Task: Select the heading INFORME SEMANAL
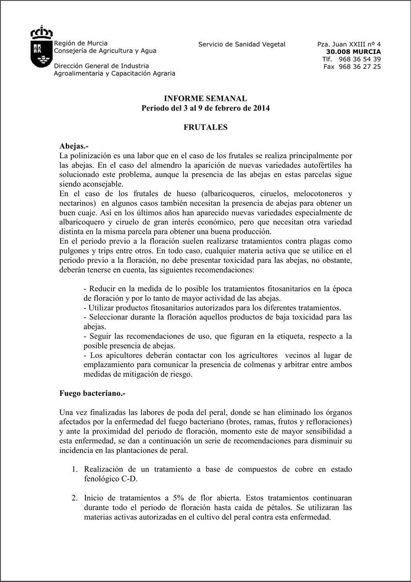(205, 98)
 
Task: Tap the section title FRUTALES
(205, 127)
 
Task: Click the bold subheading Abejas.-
(74, 145)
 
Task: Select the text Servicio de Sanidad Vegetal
(242, 44)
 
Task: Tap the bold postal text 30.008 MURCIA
(353, 51)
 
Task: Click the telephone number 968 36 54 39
(359, 59)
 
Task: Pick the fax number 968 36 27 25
(359, 66)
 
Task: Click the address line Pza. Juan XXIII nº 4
(349, 44)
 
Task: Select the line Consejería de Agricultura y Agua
(105, 50)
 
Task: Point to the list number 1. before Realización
(75, 469)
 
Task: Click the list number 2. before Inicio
(75, 498)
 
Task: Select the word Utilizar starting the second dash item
(102, 307)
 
